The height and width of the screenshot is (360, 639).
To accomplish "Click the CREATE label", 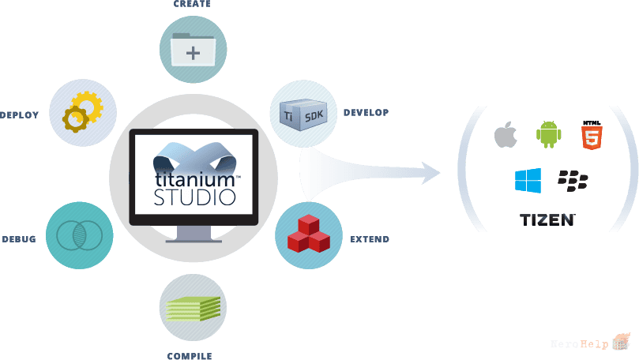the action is point(192,4).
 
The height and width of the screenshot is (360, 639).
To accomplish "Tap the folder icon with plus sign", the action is point(193,50).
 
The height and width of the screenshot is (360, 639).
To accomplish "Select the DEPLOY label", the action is point(19,115).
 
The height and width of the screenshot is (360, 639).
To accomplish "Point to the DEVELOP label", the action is point(366,112).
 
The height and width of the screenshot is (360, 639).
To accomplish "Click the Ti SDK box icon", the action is point(303,114).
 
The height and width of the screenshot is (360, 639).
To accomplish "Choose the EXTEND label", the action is point(370,239).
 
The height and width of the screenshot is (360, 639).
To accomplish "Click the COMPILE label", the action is point(190,356).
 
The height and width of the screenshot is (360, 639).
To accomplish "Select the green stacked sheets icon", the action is point(194,309).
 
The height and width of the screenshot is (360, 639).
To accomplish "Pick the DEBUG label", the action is point(19,239).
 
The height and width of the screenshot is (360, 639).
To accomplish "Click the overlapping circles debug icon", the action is point(80,235).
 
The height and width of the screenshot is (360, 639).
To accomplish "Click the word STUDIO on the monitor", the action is point(195,197).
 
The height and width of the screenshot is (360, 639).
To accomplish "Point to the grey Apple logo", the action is point(506,134).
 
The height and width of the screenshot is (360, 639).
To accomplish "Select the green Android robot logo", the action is point(548,134).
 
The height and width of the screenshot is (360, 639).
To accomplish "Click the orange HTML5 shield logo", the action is point(592,135).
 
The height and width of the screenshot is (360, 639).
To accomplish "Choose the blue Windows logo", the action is point(528,181).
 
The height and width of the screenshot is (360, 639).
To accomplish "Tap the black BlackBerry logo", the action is point(573,181).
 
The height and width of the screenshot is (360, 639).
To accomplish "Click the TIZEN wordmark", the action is point(547,220).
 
